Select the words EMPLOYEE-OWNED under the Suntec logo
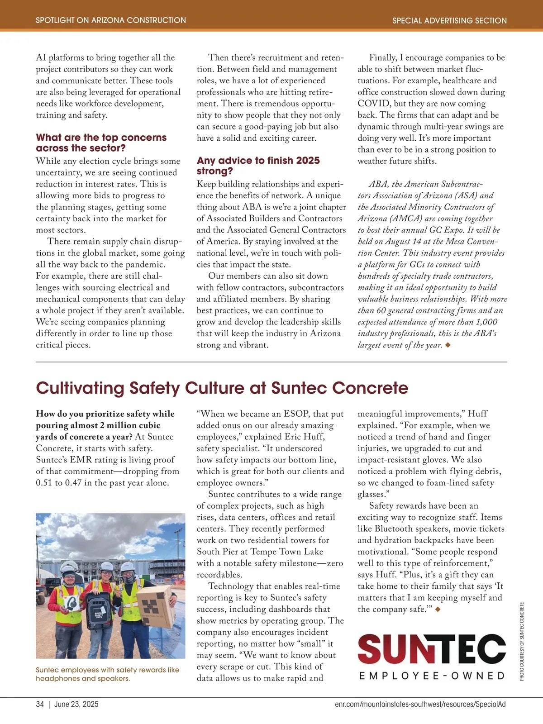432,676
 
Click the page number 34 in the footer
40,704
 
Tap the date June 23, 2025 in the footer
76,704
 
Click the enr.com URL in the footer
420,704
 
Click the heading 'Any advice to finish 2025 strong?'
258,166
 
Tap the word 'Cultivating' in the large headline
80,388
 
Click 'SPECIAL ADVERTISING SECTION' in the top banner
449,20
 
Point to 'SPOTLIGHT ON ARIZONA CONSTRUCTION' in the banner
111,20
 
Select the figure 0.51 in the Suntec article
44,483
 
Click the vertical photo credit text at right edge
522,641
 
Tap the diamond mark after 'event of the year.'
448,345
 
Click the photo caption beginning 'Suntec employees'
107,674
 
